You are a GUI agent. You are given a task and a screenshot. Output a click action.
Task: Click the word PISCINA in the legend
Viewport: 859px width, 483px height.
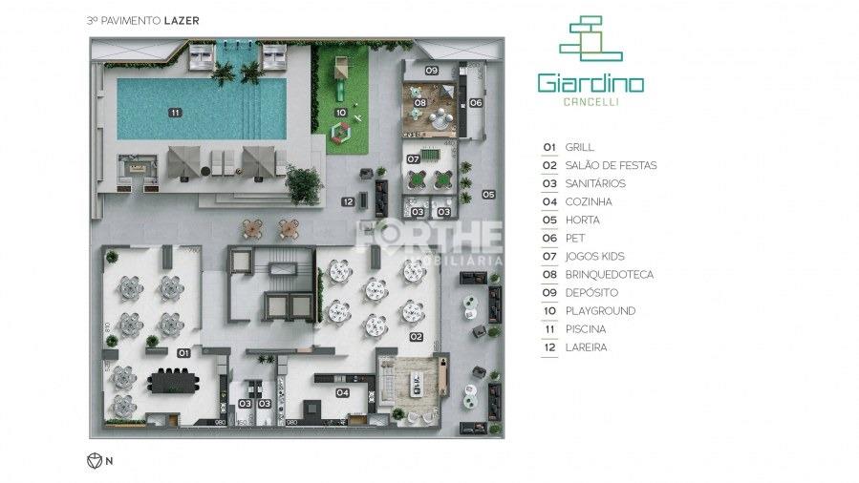point(586,329)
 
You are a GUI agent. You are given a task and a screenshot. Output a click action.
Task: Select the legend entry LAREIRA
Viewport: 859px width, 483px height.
point(586,347)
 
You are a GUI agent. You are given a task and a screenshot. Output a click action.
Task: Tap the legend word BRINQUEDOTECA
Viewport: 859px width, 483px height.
point(610,275)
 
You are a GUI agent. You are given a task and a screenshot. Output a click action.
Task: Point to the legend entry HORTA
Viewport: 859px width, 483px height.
point(582,220)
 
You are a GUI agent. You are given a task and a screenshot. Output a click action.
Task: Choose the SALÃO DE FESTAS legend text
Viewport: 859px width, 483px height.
point(611,165)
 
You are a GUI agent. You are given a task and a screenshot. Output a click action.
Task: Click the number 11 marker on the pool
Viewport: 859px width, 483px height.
point(174,113)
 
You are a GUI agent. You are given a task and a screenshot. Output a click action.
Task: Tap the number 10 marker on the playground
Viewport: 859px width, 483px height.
point(340,113)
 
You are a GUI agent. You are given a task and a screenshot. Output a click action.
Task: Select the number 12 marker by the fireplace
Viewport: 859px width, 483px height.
point(349,201)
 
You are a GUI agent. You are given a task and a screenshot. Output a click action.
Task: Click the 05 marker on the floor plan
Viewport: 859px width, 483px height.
point(488,195)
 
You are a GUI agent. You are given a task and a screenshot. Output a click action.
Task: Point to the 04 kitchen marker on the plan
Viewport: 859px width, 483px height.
point(341,392)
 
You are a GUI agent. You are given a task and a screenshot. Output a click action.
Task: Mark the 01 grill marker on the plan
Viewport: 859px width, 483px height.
point(182,353)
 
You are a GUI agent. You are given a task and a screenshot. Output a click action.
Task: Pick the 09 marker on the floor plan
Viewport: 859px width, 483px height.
point(431,72)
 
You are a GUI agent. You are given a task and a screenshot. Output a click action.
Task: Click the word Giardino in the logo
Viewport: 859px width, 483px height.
point(590,83)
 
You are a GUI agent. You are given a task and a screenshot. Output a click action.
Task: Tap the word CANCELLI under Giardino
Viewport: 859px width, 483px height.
point(590,104)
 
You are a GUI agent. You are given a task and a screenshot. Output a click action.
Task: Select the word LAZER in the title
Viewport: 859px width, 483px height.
point(181,18)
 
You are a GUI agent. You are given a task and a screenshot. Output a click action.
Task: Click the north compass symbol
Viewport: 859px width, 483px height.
point(95,461)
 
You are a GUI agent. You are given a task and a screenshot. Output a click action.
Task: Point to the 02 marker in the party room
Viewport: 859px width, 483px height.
point(416,337)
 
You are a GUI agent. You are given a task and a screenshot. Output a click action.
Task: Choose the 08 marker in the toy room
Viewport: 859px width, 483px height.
point(419,102)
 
